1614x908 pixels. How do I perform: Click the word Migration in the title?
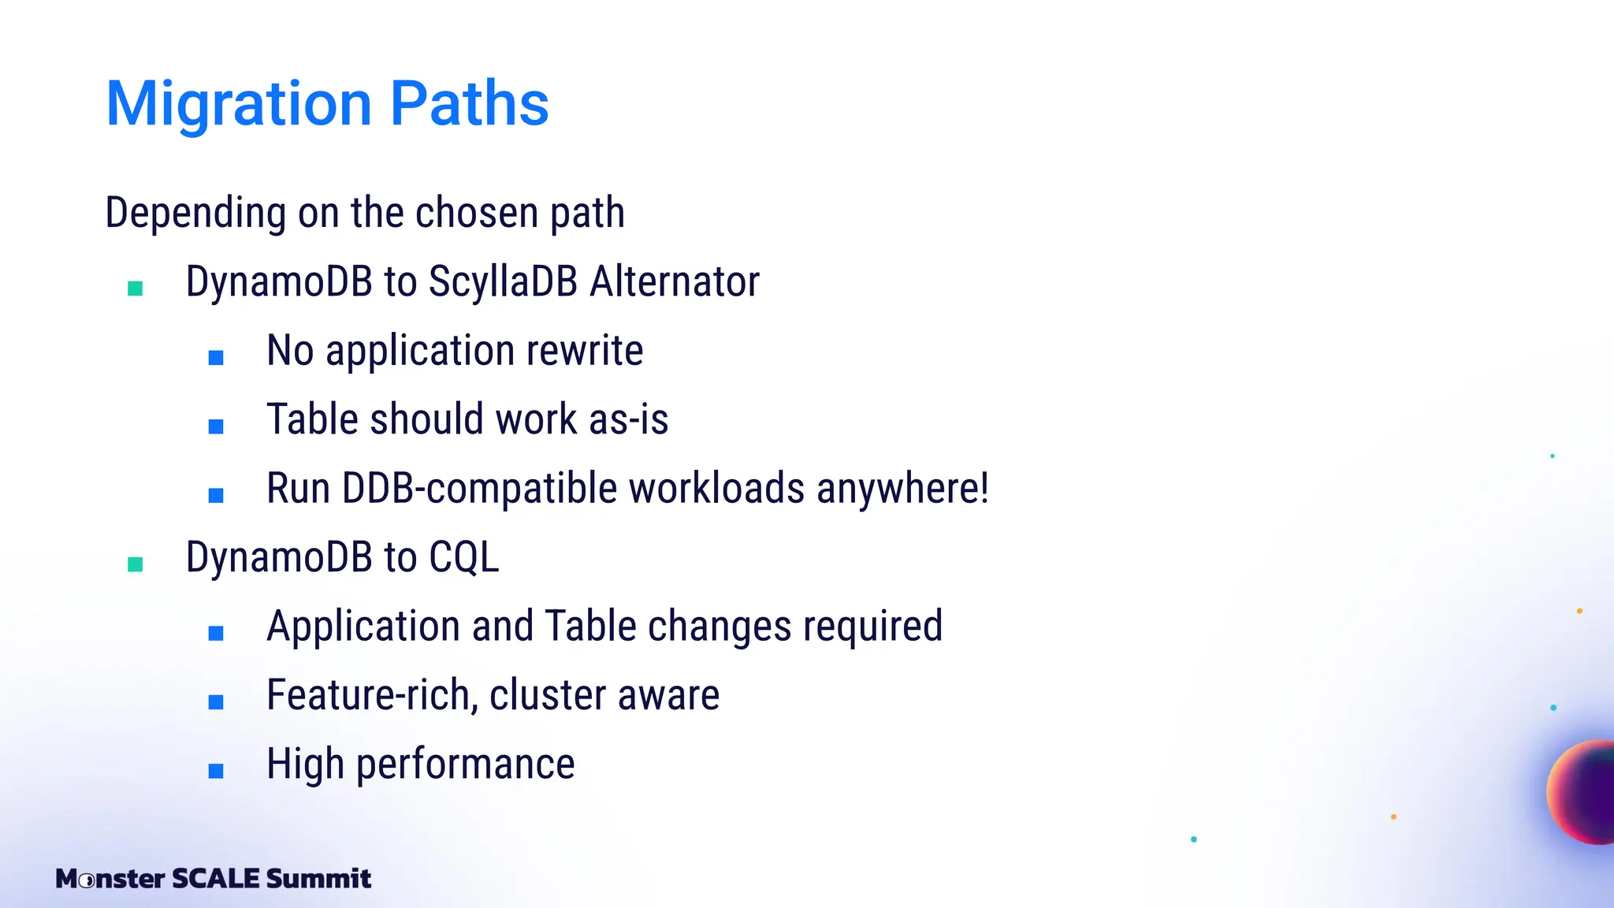pyautogui.click(x=239, y=104)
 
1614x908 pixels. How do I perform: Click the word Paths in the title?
pyautogui.click(x=469, y=104)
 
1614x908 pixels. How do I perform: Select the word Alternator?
pyautogui.click(x=675, y=281)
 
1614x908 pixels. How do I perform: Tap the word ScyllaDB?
pyautogui.click(x=503, y=281)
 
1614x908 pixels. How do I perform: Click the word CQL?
pyautogui.click(x=463, y=557)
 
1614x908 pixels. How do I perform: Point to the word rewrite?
pyautogui.click(x=584, y=351)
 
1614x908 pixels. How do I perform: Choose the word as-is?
pyautogui.click(x=628, y=419)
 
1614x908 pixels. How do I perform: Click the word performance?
pyautogui.click(x=465, y=764)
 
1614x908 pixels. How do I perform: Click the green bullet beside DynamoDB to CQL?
pyautogui.click(x=136, y=564)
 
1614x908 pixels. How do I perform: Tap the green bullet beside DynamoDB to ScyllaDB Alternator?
pyautogui.click(x=136, y=288)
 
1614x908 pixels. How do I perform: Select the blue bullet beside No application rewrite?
pyautogui.click(x=216, y=358)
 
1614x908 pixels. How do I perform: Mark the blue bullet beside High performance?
pyautogui.click(x=216, y=771)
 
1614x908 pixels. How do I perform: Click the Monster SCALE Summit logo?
pyautogui.click(x=213, y=878)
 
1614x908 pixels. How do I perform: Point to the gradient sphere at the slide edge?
pyautogui.click(x=1584, y=792)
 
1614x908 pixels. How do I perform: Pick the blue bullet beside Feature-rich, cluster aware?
pyautogui.click(x=216, y=701)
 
